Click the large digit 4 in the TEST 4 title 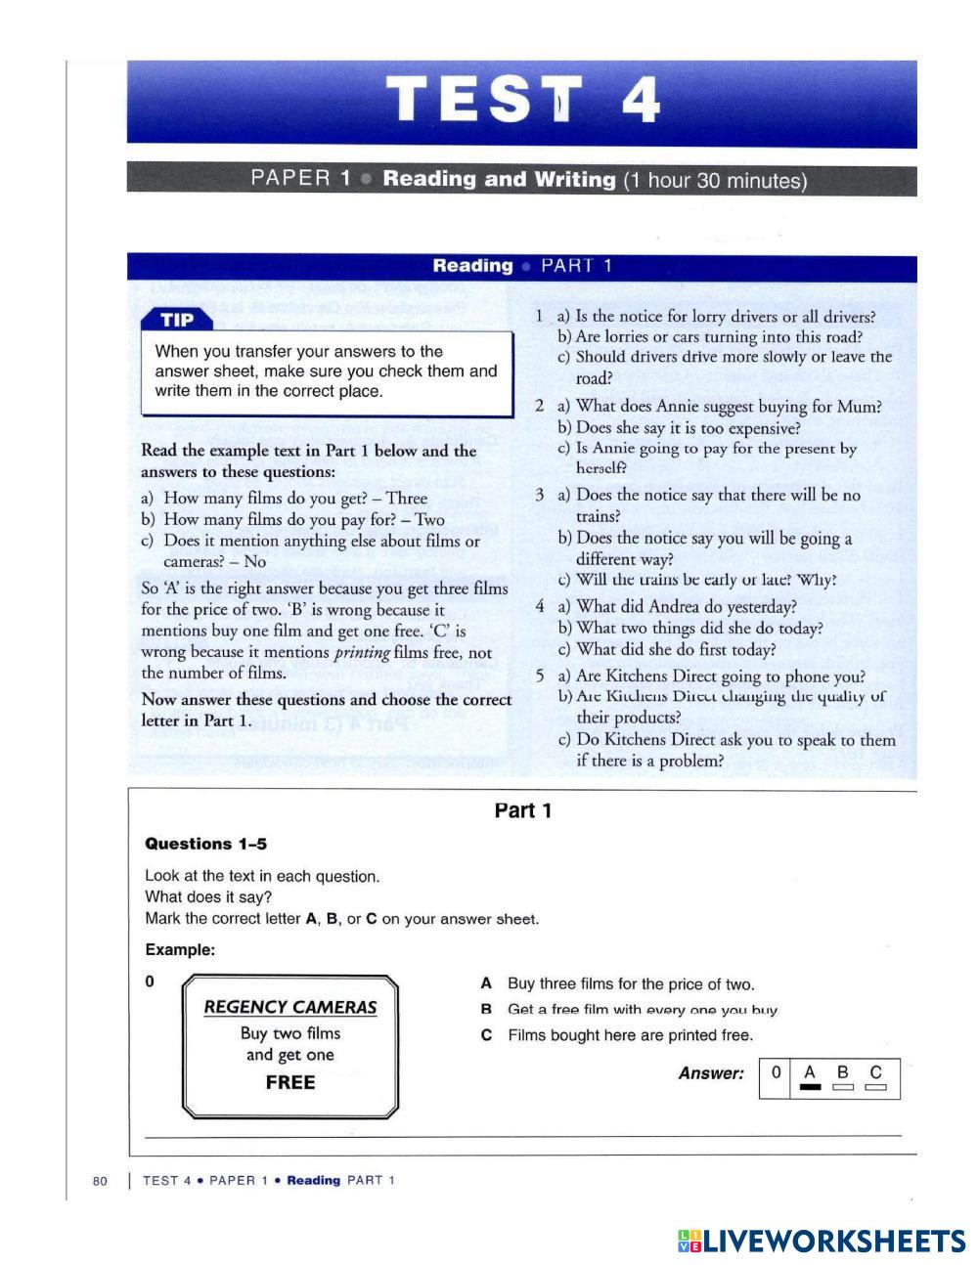[x=640, y=101]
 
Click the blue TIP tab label [x=177, y=321]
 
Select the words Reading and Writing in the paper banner [x=499, y=180]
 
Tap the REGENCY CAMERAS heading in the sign [x=289, y=1007]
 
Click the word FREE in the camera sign [x=290, y=1082]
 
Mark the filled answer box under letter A [x=810, y=1087]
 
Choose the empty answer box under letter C [x=875, y=1087]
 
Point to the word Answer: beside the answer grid [x=711, y=1073]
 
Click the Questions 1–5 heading [x=205, y=844]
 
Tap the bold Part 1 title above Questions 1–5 [x=523, y=810]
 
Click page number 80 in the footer [x=100, y=1181]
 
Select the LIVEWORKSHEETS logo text [x=833, y=1242]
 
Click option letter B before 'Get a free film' [x=486, y=1010]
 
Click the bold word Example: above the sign [x=180, y=949]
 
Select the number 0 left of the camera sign [x=150, y=981]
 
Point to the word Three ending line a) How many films [x=406, y=499]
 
